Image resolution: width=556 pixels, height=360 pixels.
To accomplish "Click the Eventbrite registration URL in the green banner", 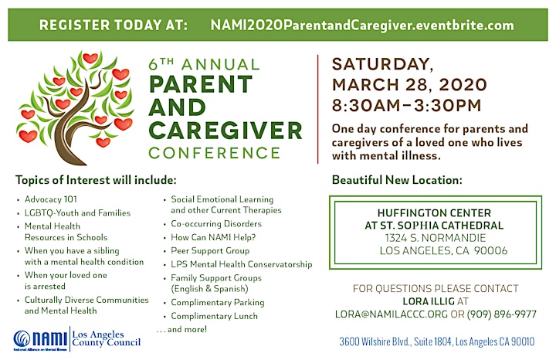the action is [362, 25].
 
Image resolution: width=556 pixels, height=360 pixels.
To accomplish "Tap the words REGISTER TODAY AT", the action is [114, 25].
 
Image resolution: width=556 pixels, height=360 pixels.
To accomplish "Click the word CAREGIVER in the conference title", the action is [225, 131].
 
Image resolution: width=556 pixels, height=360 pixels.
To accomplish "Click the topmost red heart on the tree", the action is [90, 58].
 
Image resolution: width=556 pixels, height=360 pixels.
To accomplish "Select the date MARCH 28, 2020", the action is [409, 85].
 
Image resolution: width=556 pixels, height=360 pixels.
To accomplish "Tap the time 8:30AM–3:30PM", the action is [407, 106].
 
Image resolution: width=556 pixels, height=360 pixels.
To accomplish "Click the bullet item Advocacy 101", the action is [51, 199].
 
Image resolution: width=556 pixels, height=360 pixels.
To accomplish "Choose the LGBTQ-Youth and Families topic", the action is [77, 212].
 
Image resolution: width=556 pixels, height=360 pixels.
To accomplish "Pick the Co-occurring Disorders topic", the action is [216, 224].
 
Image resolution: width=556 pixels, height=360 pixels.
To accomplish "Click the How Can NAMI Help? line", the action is [213, 237].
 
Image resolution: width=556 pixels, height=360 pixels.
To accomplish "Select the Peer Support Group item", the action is [210, 251].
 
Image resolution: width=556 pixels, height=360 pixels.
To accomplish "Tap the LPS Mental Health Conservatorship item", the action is [242, 264].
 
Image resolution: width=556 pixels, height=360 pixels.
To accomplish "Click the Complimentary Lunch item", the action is [214, 316].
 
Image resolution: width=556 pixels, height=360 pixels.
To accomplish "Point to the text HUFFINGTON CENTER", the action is [434, 212].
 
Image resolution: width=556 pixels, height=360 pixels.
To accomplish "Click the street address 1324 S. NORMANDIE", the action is [435, 238].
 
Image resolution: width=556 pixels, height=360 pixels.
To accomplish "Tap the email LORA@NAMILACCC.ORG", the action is [392, 314].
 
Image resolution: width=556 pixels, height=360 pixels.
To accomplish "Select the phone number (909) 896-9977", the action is [501, 314].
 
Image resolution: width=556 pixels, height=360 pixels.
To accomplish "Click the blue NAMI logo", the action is [40, 340].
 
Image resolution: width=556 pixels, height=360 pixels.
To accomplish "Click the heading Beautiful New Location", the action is [397, 180].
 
